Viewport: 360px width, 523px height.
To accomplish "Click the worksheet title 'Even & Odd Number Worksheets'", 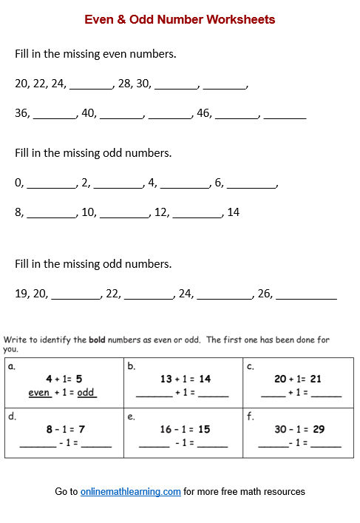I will pyautogui.click(x=180, y=20).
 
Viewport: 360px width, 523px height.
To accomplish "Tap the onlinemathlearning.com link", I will pyautogui.click(x=130, y=491).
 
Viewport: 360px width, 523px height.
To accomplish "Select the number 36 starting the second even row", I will pyautogui.click(x=22, y=114).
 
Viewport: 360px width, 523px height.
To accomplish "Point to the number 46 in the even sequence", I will pyautogui.click(x=204, y=114).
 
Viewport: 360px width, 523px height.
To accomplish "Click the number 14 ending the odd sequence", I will pyautogui.click(x=233, y=212).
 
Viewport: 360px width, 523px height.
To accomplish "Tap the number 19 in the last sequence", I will pyautogui.click(x=21, y=294).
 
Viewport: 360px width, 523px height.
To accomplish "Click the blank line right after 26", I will pyautogui.click(x=306, y=297).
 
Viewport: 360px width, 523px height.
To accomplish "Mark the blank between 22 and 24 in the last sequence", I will pyautogui.click(x=148, y=297).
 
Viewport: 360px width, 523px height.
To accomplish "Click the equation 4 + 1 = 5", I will pyautogui.click(x=63, y=379).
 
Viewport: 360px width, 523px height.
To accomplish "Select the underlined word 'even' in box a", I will pyautogui.click(x=39, y=393).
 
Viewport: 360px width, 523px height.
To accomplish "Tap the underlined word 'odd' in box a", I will pyautogui.click(x=86, y=393).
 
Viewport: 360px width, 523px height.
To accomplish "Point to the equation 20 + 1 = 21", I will pyautogui.click(x=298, y=379).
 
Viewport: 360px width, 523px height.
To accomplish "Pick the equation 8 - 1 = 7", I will pyautogui.click(x=66, y=429).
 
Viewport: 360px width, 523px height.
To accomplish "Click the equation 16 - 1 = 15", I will pyautogui.click(x=185, y=429).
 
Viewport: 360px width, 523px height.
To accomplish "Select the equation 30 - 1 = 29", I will pyautogui.click(x=300, y=429).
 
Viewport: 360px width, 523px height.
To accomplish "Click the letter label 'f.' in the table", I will pyautogui.click(x=250, y=416).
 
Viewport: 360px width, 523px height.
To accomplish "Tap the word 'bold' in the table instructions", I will pyautogui.click(x=97, y=340).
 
